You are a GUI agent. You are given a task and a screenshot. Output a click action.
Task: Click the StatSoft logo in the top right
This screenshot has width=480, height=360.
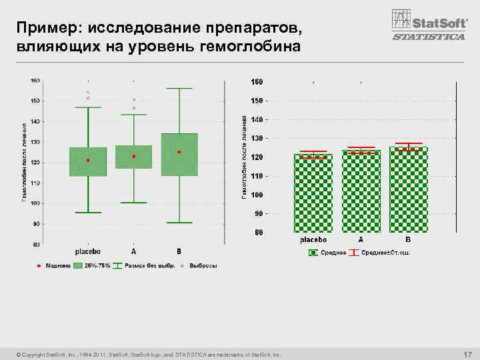click(427, 19)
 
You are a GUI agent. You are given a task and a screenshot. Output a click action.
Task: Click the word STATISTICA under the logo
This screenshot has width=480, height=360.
click(429, 37)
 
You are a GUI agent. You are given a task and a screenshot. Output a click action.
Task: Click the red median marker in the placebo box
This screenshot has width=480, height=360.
click(88, 161)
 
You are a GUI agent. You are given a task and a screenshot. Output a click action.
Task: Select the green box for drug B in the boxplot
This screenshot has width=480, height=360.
click(179, 155)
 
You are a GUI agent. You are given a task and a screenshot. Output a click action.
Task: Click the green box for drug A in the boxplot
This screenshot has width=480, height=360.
click(134, 157)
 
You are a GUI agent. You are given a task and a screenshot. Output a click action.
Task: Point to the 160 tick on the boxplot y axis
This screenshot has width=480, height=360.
click(35, 80)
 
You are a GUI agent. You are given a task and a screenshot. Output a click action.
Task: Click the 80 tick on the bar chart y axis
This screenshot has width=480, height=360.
click(257, 233)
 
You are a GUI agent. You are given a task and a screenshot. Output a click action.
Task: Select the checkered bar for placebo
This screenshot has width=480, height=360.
click(313, 193)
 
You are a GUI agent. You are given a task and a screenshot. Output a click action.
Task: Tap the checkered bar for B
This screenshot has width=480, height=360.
click(409, 190)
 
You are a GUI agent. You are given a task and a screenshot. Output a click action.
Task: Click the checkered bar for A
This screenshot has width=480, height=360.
click(361, 191)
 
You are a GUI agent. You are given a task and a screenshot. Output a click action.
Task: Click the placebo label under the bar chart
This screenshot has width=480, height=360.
click(313, 239)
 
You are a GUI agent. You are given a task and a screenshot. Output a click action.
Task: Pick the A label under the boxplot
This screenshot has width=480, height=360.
click(133, 251)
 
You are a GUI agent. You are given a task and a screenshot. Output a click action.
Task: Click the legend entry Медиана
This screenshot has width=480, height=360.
click(55, 265)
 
